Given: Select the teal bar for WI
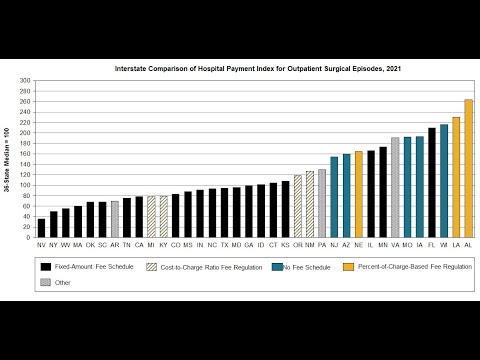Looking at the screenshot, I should (x=444, y=180).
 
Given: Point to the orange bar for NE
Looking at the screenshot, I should (x=358, y=194).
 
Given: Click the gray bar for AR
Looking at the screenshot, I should (x=114, y=219).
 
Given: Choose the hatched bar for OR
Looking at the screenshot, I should (x=297, y=206).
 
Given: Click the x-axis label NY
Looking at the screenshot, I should (x=54, y=244).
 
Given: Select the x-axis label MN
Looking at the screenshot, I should (x=383, y=244).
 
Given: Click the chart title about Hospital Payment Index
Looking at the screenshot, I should (x=251, y=68).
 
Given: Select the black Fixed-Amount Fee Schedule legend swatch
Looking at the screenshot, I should (x=46, y=267).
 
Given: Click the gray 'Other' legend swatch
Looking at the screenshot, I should (x=46, y=282).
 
